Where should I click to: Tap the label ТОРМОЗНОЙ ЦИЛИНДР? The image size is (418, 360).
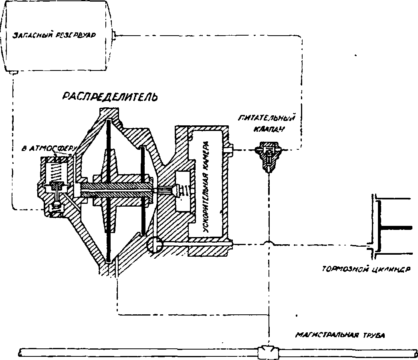point(365,269)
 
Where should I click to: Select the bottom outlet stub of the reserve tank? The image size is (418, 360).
point(14,72)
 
